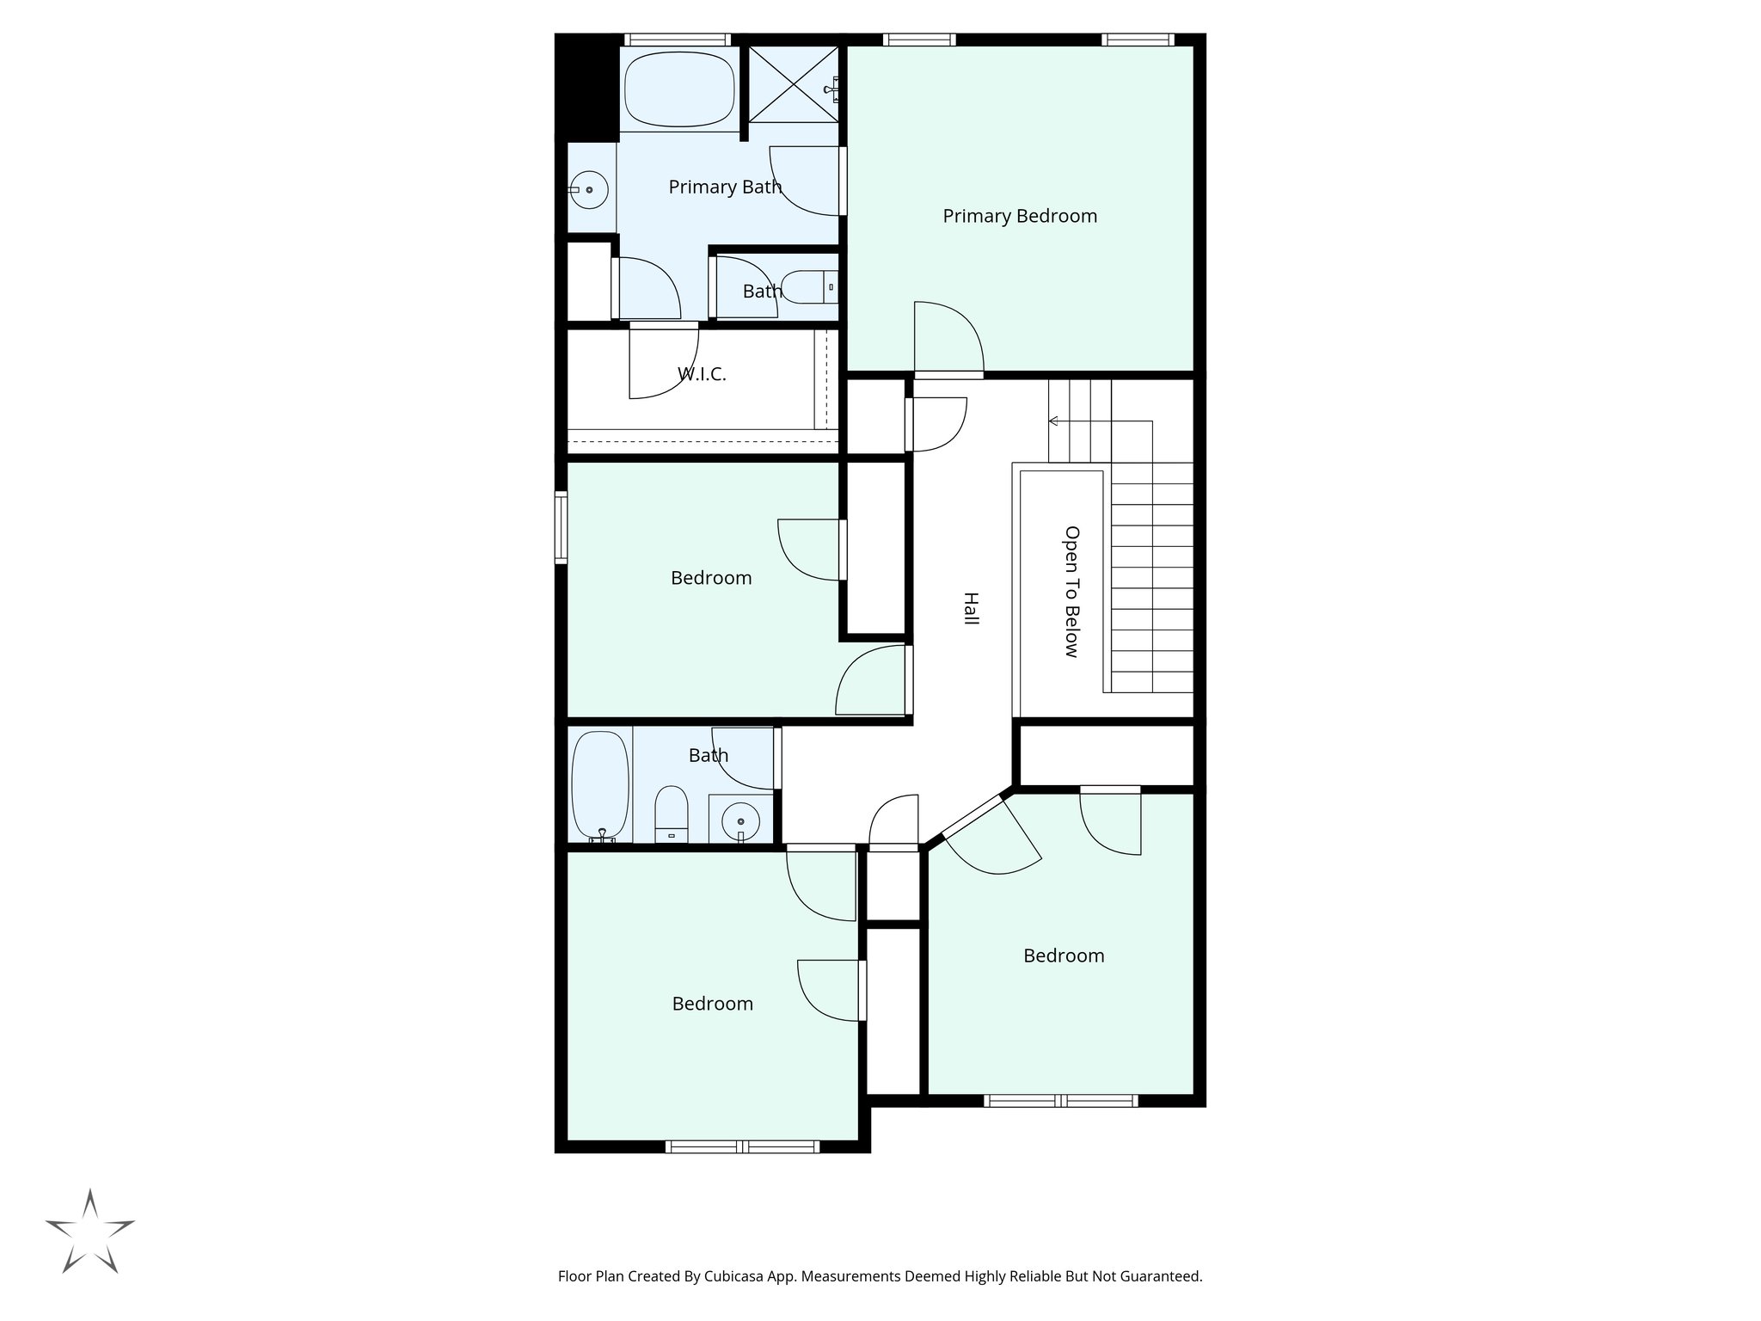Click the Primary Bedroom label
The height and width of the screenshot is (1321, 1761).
click(1020, 216)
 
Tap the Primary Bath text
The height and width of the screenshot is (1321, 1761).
click(725, 187)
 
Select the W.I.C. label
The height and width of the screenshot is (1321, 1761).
click(702, 374)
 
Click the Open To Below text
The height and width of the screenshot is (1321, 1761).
click(1071, 592)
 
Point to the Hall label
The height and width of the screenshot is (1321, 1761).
click(971, 608)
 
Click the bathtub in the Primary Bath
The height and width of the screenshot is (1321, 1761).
click(678, 90)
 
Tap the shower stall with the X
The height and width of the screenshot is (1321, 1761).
click(792, 84)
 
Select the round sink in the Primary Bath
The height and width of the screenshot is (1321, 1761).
click(590, 189)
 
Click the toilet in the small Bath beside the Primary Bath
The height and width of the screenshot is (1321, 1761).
click(809, 287)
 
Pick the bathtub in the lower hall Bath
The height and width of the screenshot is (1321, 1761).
click(600, 784)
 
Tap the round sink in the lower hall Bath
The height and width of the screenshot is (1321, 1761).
click(740, 822)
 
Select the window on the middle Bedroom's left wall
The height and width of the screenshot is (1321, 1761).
click(561, 527)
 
